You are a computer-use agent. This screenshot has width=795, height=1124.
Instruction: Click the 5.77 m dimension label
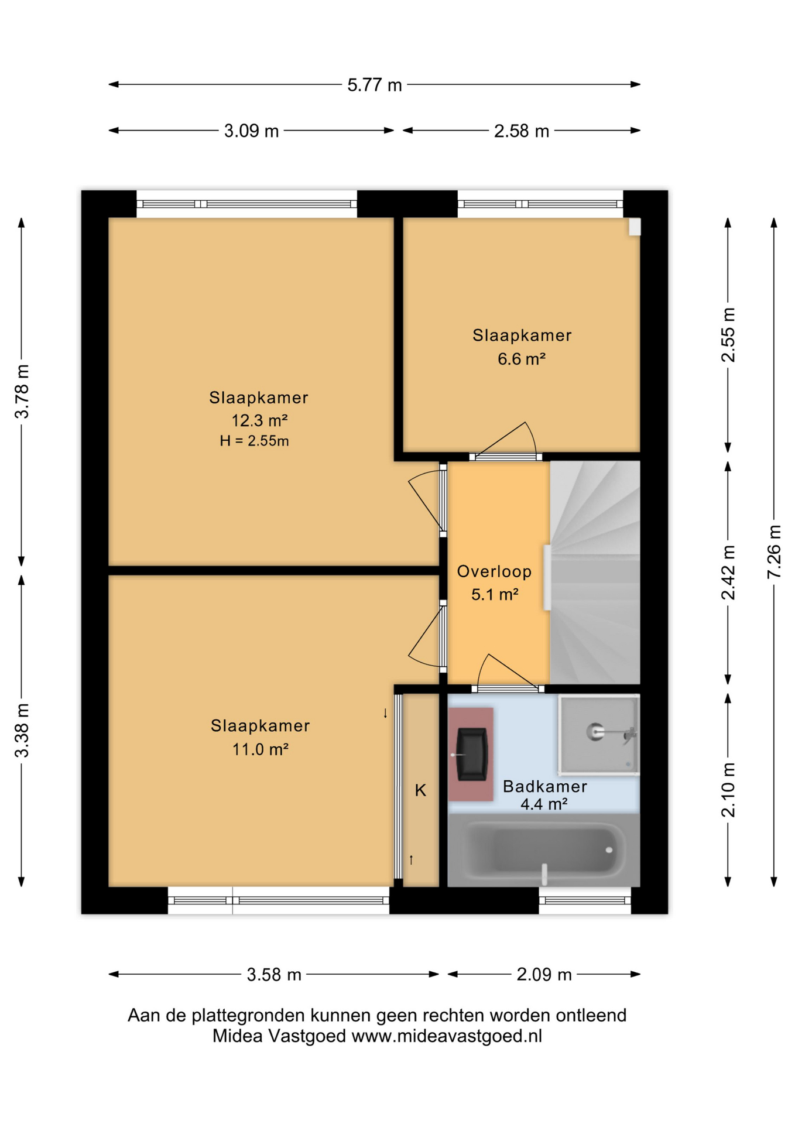pos(374,85)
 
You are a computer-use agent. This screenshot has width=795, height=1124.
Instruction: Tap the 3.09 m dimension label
pos(251,131)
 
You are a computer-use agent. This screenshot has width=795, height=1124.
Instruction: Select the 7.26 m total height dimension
pos(774,552)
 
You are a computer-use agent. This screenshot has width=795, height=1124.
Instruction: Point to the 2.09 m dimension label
pos(544,974)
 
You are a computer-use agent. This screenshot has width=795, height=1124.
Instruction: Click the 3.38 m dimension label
pos(22,730)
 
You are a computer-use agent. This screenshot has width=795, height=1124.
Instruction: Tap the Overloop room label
pos(494,571)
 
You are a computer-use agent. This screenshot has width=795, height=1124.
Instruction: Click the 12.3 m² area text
pos(259,420)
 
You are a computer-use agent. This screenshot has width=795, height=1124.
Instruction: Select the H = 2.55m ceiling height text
pos(254,441)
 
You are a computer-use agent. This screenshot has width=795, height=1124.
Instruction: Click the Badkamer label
pos(544,786)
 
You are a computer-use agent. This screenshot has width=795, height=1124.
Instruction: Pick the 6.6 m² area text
pos(521,358)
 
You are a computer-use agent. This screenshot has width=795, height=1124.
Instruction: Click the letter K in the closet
pos(420,790)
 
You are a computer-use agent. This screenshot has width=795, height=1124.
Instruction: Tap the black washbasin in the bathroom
pos(471,754)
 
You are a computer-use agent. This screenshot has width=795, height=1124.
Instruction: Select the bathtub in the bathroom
pos(543,849)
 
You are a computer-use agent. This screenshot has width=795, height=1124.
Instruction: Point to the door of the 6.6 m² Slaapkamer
pos(506,442)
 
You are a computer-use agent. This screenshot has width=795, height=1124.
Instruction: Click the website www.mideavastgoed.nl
pos(447,1036)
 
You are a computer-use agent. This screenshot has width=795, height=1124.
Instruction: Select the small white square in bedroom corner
pos(634,227)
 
